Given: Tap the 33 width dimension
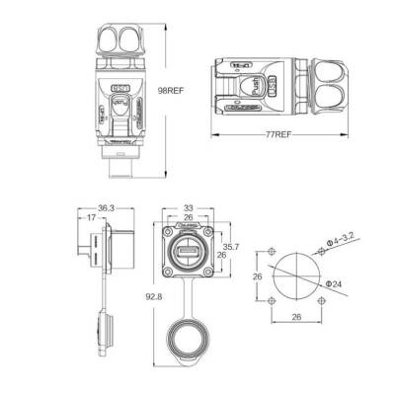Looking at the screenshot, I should [189, 208].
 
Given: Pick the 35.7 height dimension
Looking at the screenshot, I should [229, 247].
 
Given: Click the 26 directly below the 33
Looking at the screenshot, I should [189, 219].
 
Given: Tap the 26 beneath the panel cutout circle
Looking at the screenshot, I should [295, 318].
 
